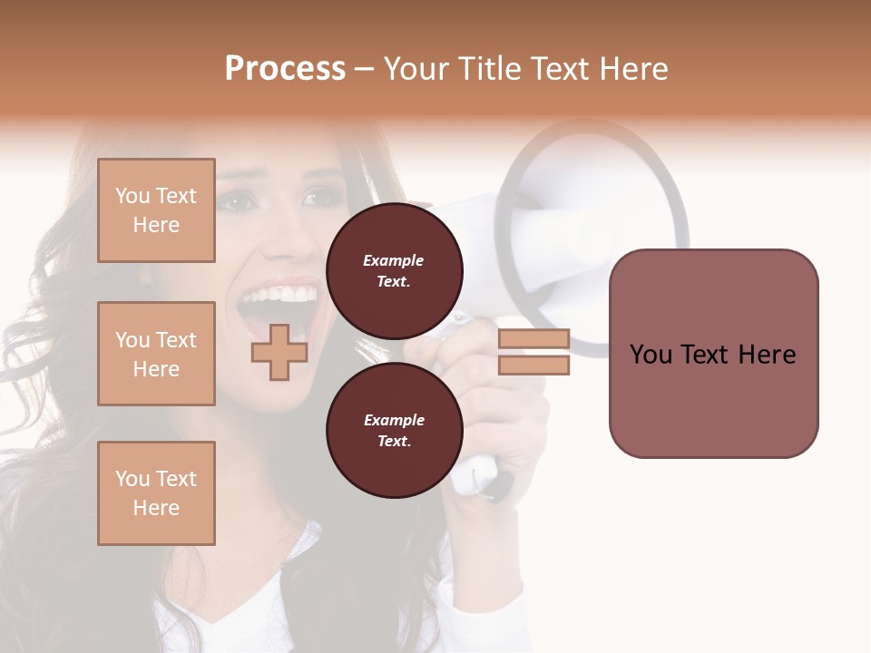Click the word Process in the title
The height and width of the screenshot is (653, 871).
pos(285,69)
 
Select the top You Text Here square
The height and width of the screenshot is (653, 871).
pos(156,210)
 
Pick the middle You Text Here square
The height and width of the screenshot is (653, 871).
pos(156,354)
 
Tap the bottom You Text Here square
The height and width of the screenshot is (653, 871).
pos(156,492)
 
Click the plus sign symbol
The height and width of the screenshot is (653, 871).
pos(279,352)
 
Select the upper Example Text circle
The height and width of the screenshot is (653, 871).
pos(394,270)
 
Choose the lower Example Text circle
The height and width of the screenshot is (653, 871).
pos(394,430)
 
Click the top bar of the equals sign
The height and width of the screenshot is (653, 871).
pos(533,339)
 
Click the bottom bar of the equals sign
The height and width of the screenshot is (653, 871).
pos(533,365)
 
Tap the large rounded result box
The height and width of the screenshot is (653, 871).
pos(713,353)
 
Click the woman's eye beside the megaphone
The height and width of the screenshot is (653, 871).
pos(318,197)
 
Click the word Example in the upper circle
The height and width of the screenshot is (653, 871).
pos(394,260)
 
